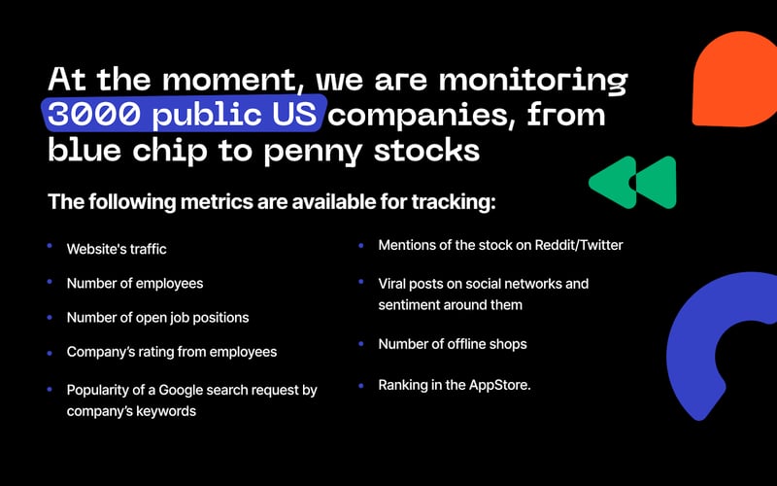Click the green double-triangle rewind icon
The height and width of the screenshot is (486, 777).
click(x=631, y=181)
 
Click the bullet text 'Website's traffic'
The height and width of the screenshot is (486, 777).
click(x=117, y=249)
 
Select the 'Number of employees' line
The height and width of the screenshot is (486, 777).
click(x=135, y=283)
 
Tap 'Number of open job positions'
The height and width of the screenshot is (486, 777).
click(x=157, y=317)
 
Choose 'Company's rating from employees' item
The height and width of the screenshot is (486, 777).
click(x=171, y=352)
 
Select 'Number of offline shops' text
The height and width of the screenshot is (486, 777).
click(x=453, y=344)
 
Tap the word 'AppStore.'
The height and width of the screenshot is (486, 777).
click(x=501, y=385)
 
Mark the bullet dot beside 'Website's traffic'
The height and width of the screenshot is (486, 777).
click(x=50, y=247)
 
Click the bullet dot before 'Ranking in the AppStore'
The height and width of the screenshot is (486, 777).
click(x=360, y=384)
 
